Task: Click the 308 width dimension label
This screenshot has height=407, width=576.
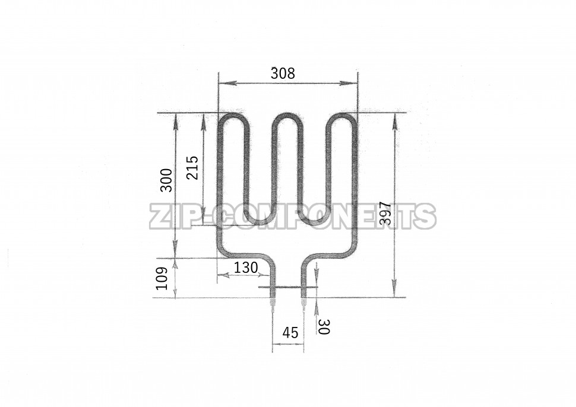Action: click(283, 74)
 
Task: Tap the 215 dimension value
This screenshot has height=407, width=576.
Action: click(192, 167)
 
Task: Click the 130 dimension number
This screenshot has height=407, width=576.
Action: click(245, 268)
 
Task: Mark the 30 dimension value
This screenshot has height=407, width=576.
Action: click(324, 326)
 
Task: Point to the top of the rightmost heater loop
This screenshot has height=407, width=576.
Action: click(343, 115)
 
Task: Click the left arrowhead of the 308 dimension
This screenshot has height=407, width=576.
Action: click(223, 84)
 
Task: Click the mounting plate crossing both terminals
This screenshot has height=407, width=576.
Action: click(289, 288)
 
